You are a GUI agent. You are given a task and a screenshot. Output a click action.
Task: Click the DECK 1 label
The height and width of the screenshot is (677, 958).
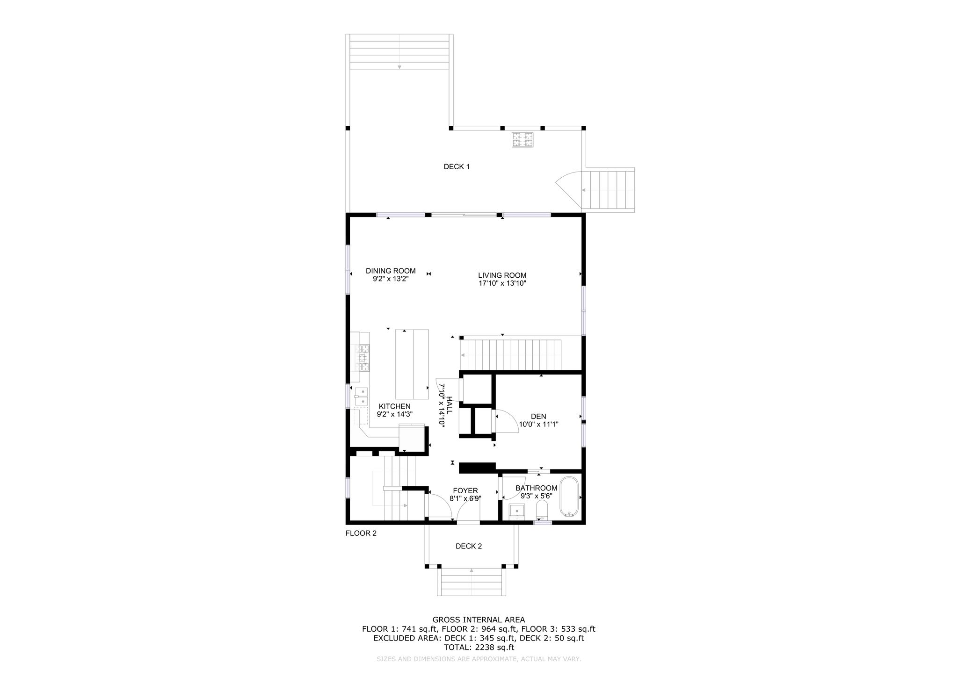[x=457, y=166]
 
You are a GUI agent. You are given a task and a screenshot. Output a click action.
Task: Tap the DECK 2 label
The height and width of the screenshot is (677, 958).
[x=469, y=546]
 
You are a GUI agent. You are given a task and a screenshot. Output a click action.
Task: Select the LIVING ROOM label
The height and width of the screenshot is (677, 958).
[x=502, y=275]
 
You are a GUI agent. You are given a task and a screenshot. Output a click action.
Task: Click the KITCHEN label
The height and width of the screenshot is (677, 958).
[x=395, y=406]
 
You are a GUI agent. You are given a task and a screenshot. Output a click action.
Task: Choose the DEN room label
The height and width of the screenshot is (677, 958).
[x=538, y=417]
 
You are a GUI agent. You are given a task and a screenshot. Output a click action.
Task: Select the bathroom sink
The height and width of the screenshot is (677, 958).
[x=516, y=512]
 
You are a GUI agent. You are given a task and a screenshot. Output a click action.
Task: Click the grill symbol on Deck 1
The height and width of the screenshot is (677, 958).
[x=523, y=140]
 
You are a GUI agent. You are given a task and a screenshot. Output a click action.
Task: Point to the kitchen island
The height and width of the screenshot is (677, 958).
[x=412, y=365]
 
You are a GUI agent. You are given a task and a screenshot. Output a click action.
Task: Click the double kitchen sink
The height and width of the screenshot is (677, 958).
[x=361, y=396]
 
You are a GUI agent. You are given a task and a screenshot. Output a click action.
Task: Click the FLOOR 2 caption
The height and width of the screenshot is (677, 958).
[x=361, y=533]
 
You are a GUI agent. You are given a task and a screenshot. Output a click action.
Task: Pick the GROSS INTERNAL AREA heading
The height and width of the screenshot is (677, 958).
[x=479, y=620]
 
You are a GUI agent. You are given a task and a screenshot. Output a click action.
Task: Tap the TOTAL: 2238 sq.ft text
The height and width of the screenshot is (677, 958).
[x=479, y=648]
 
